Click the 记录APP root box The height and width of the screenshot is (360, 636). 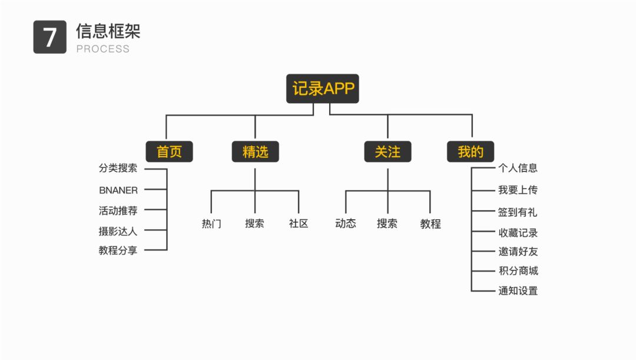pyautogui.click(x=322, y=88)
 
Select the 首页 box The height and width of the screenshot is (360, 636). pyautogui.click(x=169, y=151)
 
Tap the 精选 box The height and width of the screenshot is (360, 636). pyautogui.click(x=255, y=151)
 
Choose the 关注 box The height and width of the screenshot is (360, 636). pyautogui.click(x=387, y=151)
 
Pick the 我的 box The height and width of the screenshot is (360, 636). pyautogui.click(x=471, y=151)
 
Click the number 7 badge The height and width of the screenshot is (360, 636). pyautogui.click(x=50, y=37)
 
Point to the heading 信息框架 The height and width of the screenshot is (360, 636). pyautogui.click(x=108, y=31)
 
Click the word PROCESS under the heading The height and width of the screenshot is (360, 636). pyautogui.click(x=102, y=49)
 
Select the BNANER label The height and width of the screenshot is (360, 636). pyautogui.click(x=118, y=190)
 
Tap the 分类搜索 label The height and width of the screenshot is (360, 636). pyautogui.click(x=118, y=168)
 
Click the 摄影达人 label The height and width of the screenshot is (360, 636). pyautogui.click(x=118, y=231)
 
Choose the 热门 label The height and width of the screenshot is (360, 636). pyautogui.click(x=211, y=224)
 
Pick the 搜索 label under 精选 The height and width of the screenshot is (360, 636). pyautogui.click(x=255, y=224)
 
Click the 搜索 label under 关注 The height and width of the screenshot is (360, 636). pyautogui.click(x=387, y=224)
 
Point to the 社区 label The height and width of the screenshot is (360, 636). pyautogui.click(x=299, y=224)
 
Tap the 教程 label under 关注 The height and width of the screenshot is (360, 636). pyautogui.click(x=430, y=224)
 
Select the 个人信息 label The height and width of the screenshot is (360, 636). pyautogui.click(x=518, y=168)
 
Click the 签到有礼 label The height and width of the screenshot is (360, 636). pyautogui.click(x=518, y=212)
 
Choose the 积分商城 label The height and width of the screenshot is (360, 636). pyautogui.click(x=518, y=271)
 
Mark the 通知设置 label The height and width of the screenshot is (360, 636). pyautogui.click(x=518, y=290)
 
